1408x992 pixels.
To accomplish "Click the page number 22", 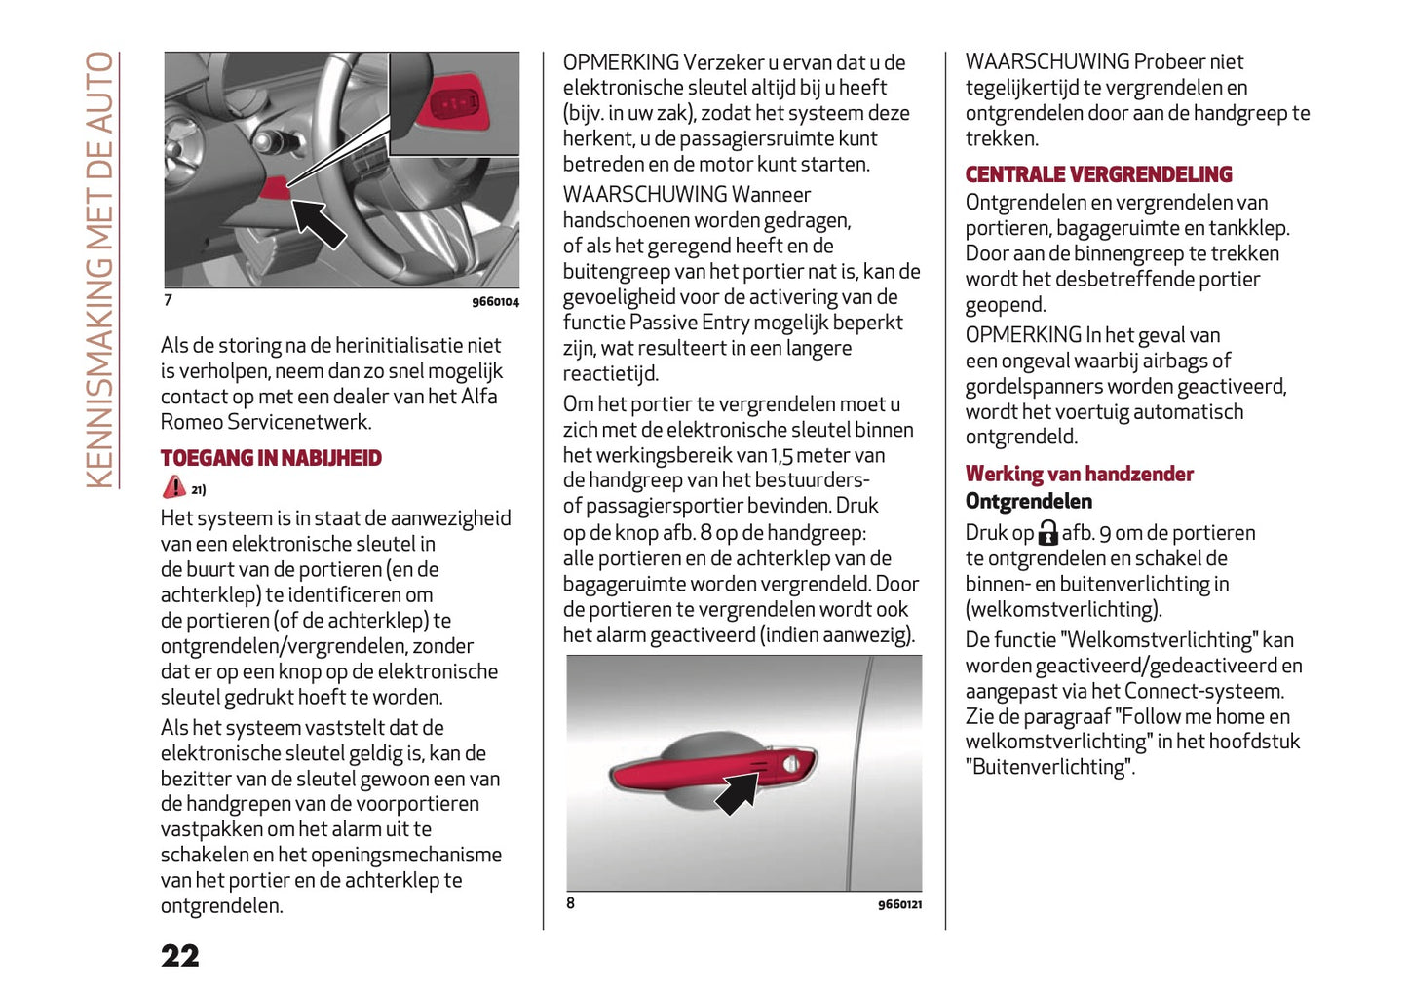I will (x=180, y=955).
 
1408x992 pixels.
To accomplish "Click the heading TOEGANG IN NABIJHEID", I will (x=271, y=458).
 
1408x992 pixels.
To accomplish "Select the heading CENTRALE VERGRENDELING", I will (x=1098, y=174).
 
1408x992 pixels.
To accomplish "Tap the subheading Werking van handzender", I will (x=1079, y=474).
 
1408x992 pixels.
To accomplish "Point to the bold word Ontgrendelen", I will (x=1028, y=501).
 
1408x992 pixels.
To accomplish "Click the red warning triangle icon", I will (x=173, y=487).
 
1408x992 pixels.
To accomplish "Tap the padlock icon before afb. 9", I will (x=1047, y=533).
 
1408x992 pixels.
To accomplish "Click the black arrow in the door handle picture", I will (x=737, y=791).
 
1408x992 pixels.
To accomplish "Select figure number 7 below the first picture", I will (x=168, y=300).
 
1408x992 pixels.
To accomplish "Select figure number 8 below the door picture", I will (x=571, y=903).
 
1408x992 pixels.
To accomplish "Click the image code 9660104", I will (x=495, y=302).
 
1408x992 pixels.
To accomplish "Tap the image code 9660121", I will (x=898, y=905).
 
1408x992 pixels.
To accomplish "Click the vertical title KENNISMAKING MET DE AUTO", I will (x=100, y=269).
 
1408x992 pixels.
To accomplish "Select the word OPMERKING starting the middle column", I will (x=621, y=62).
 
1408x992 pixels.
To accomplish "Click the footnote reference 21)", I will (x=199, y=490).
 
